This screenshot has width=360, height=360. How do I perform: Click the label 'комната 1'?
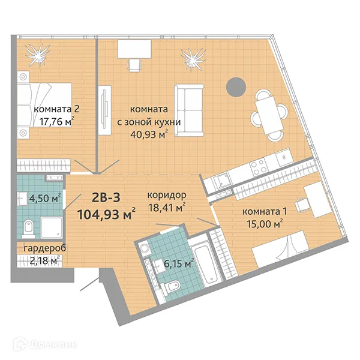(x=262, y=212)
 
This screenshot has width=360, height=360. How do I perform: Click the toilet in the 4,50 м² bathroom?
(x=27, y=228)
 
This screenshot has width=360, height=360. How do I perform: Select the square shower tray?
(x=49, y=227)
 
